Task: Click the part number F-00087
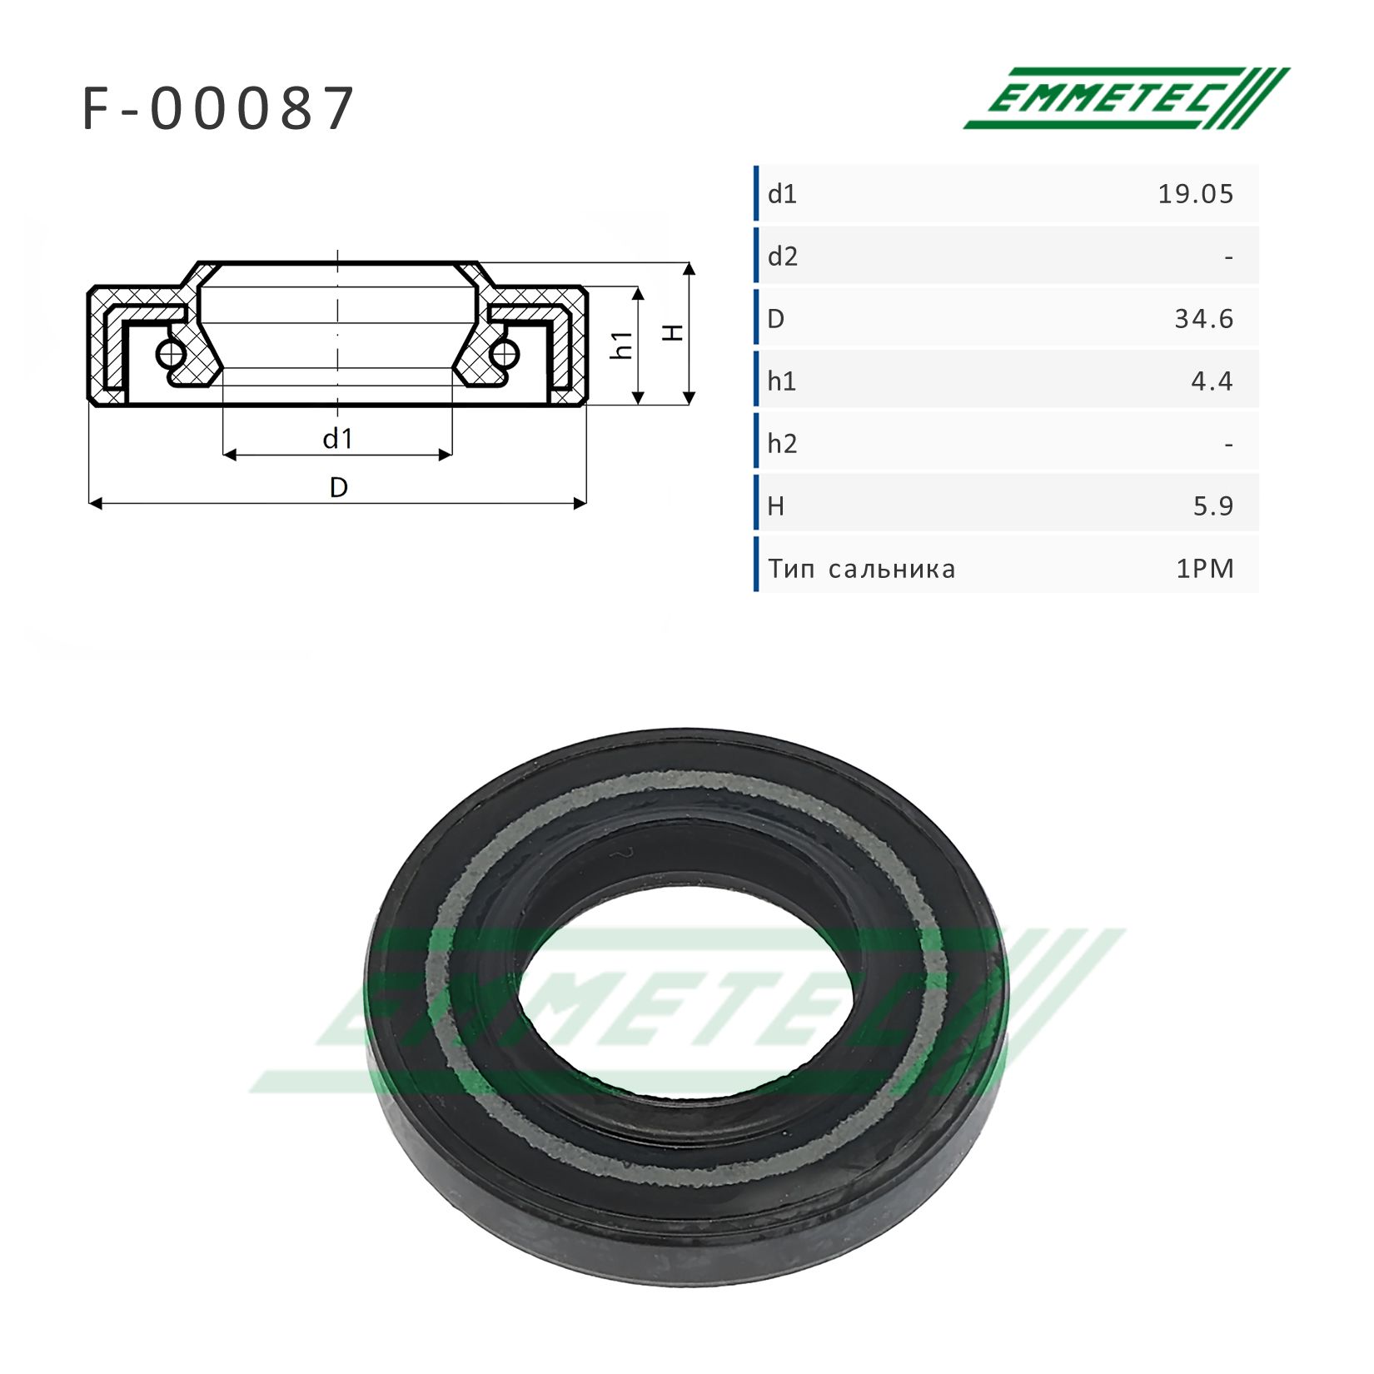pyautogui.click(x=219, y=109)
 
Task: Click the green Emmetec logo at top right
pyautogui.click(x=1127, y=98)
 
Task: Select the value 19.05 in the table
pyautogui.click(x=1196, y=194)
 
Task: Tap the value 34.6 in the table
pyautogui.click(x=1204, y=319)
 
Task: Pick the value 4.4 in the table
pyautogui.click(x=1212, y=381)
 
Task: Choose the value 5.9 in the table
pyautogui.click(x=1213, y=506)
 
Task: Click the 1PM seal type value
pyautogui.click(x=1205, y=569)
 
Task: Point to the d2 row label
pyautogui.click(x=783, y=256)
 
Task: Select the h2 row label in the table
pyautogui.click(x=783, y=444)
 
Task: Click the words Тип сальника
pyautogui.click(x=862, y=570)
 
